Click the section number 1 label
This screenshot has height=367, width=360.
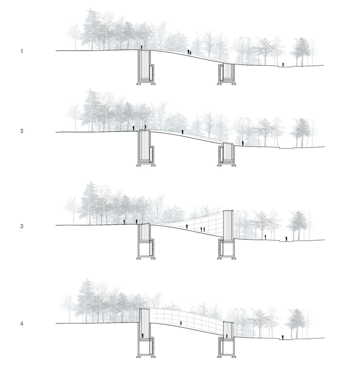22,51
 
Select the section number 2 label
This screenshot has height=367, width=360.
22,131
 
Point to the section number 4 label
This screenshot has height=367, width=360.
22,324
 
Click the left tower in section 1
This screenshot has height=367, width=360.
145,66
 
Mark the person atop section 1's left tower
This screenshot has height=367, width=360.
141,48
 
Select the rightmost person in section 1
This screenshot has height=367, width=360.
283,64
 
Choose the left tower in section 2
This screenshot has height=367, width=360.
145,147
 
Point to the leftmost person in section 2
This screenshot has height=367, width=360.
133,128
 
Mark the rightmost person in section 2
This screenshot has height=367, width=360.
242,143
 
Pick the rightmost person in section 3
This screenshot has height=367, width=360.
286,239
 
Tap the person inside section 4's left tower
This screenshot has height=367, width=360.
142,335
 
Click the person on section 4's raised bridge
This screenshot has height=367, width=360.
180,323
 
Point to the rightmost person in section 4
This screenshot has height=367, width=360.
283,338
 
